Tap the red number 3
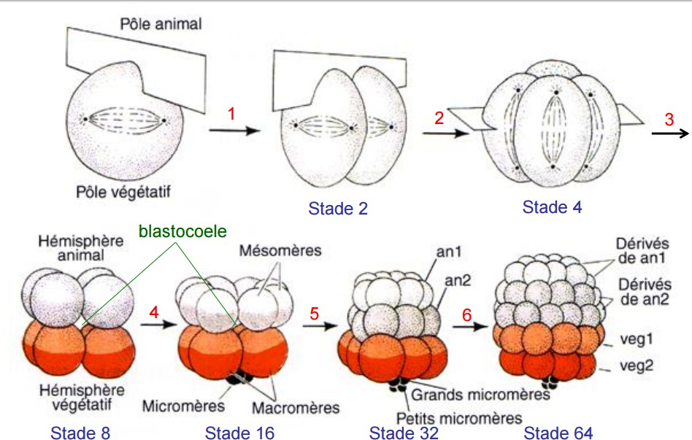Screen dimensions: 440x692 coord(669,120)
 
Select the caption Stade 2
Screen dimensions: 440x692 coord(338,209)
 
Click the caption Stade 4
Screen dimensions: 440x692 coord(553,207)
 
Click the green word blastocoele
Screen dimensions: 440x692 coord(182,231)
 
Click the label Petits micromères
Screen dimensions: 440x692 coord(458,418)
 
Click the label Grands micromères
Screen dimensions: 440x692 coord(480,395)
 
